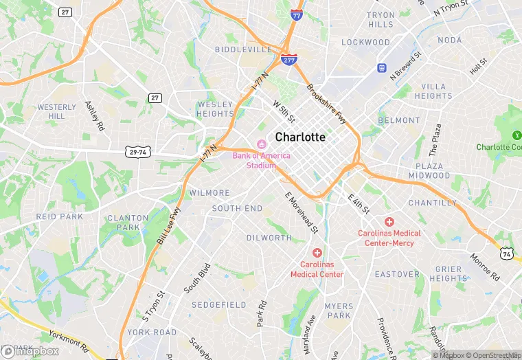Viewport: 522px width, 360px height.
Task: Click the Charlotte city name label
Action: point(300,137)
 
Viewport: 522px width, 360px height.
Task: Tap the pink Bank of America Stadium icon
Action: point(261,144)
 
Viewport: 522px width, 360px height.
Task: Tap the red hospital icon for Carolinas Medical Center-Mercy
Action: point(389,221)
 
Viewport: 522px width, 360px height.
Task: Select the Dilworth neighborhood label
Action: point(269,238)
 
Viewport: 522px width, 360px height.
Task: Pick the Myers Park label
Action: point(339,311)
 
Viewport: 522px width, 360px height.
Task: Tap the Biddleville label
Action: point(243,50)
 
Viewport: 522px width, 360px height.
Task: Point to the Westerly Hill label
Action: point(57,111)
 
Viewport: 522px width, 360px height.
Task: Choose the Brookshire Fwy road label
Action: point(328,104)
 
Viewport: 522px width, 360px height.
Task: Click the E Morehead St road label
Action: point(302,210)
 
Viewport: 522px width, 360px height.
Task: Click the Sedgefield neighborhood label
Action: point(219,304)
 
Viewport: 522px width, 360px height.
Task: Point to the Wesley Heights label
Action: point(216,109)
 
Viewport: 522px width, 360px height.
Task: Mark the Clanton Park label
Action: point(124,223)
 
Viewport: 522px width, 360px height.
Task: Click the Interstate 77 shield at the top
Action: point(296,15)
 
